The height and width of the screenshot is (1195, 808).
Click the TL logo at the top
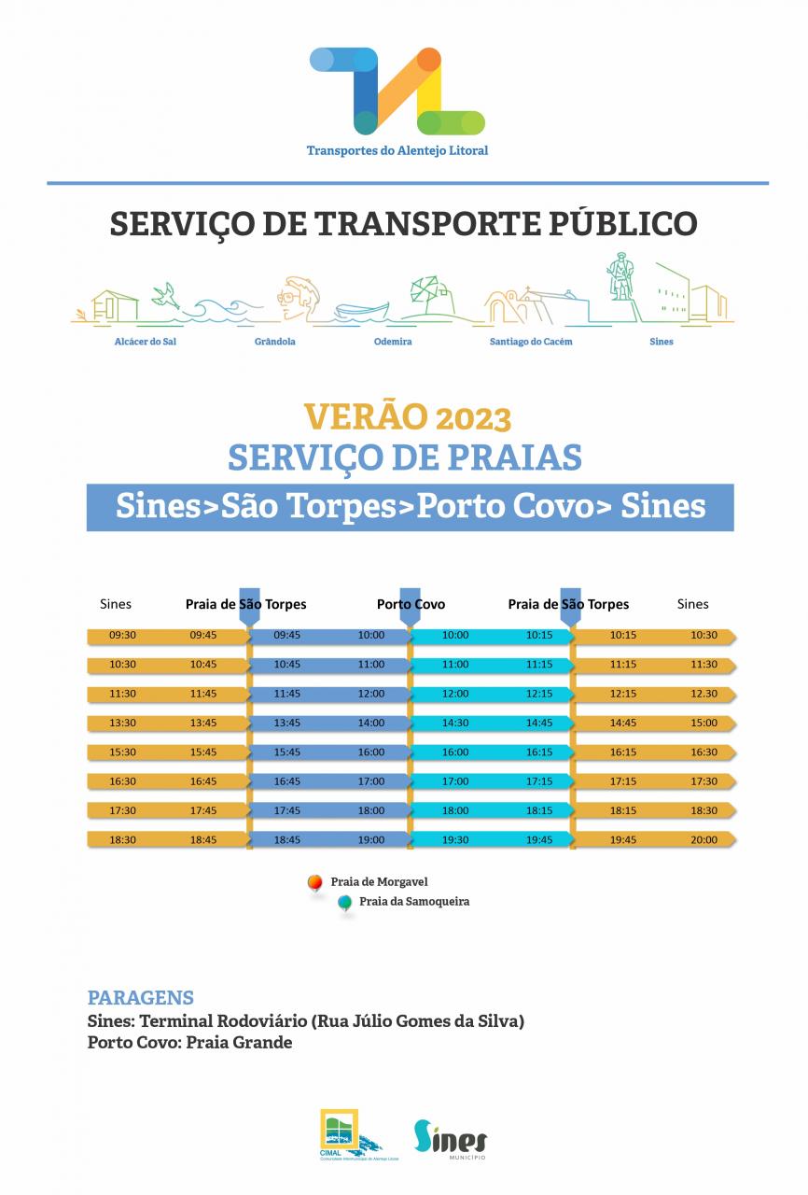(x=397, y=91)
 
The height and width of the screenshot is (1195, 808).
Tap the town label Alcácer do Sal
(x=145, y=342)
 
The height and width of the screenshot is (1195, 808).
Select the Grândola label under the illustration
(x=274, y=342)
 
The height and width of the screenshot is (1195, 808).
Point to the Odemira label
(x=392, y=342)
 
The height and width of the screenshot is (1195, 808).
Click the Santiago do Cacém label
(x=531, y=342)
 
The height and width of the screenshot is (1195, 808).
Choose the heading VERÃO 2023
(x=408, y=415)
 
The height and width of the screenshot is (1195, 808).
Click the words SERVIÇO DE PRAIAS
(x=405, y=457)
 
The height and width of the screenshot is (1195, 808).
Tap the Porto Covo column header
(x=411, y=604)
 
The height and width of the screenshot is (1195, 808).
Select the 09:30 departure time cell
(x=122, y=636)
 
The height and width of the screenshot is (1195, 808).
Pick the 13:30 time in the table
(x=122, y=724)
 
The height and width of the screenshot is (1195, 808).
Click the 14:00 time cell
(x=370, y=724)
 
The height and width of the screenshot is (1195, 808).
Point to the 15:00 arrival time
(x=704, y=724)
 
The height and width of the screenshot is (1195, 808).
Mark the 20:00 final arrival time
(x=704, y=840)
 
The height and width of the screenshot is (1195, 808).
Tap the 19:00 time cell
(x=370, y=840)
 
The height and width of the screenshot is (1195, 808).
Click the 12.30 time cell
(x=704, y=695)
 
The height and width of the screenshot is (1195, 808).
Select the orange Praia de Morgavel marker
(x=315, y=881)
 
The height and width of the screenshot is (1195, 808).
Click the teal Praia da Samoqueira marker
(x=344, y=902)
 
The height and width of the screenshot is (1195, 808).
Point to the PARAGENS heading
(x=140, y=997)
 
